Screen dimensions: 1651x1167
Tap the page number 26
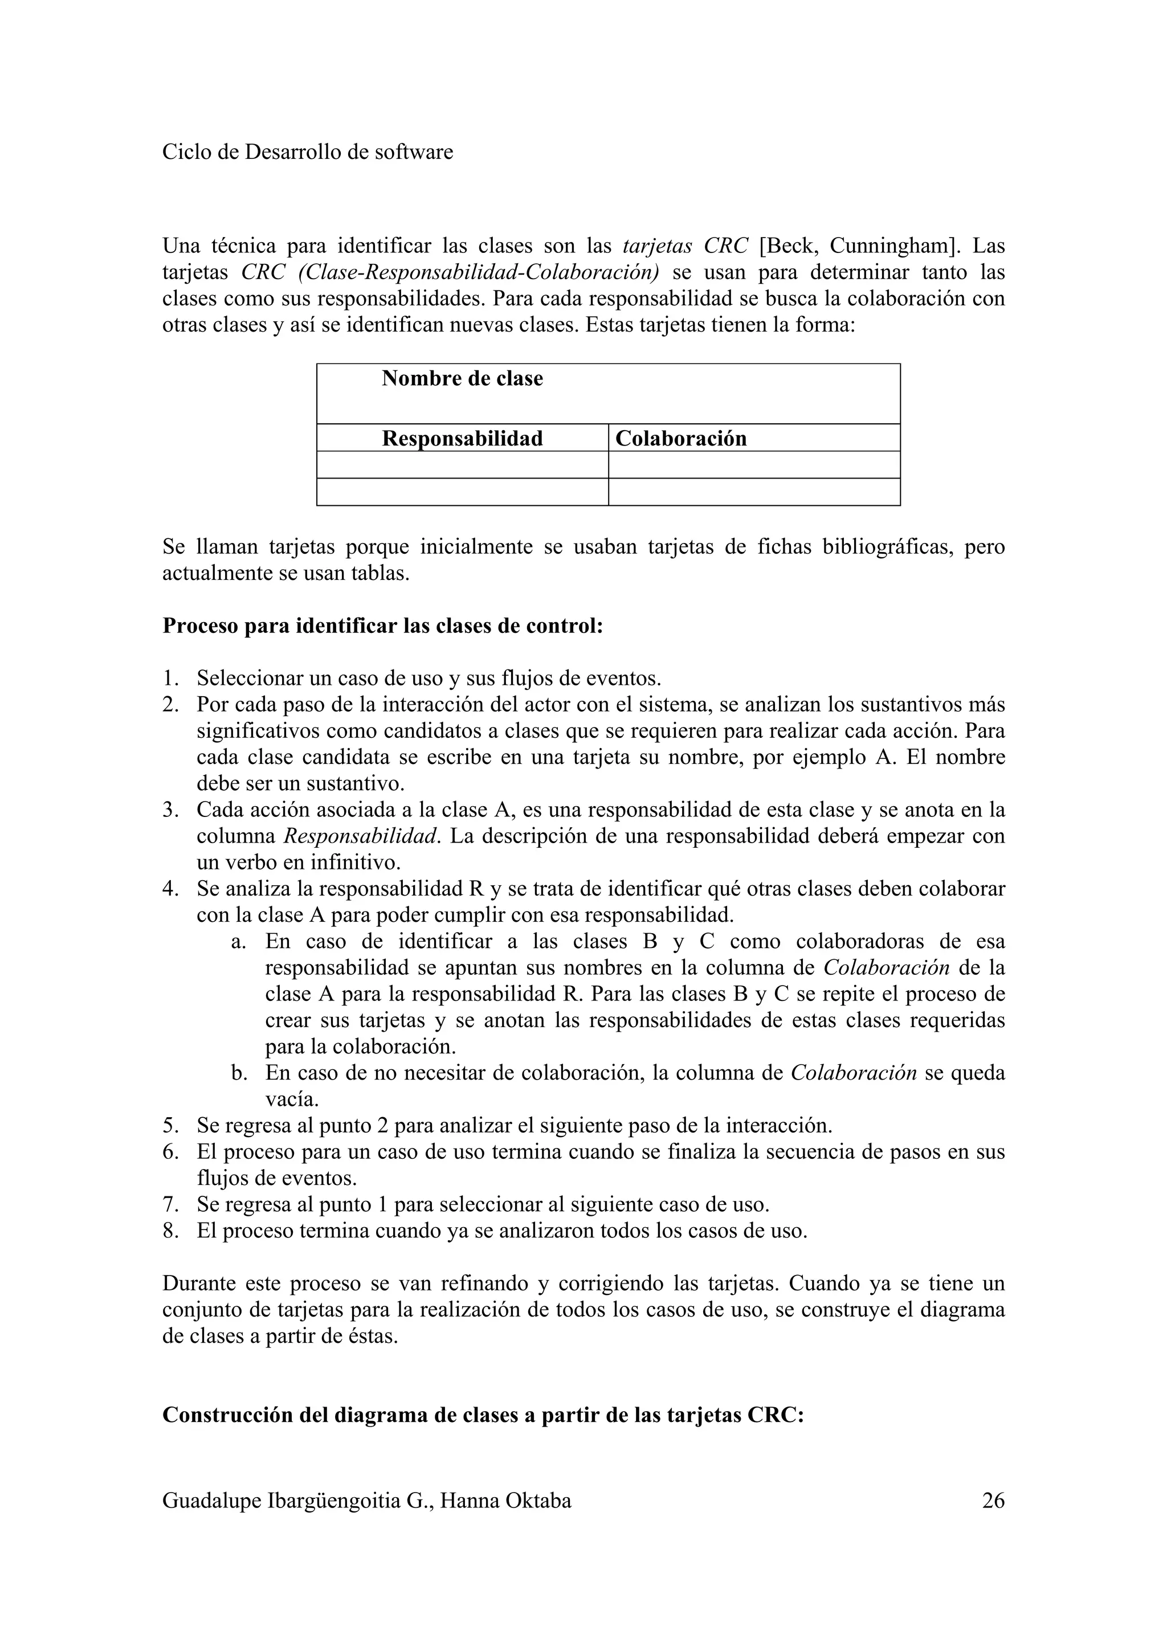click(993, 1501)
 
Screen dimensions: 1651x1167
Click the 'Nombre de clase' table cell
click(462, 379)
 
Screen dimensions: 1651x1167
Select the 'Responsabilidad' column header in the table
click(462, 439)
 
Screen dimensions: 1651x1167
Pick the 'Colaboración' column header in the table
click(681, 439)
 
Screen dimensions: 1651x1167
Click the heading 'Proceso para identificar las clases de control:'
click(382, 626)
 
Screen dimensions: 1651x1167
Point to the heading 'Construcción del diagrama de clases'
click(483, 1415)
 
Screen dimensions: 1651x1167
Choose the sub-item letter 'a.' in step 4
click(239, 941)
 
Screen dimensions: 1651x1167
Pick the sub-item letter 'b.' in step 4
click(239, 1073)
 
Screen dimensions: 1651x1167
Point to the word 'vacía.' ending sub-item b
click(292, 1100)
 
